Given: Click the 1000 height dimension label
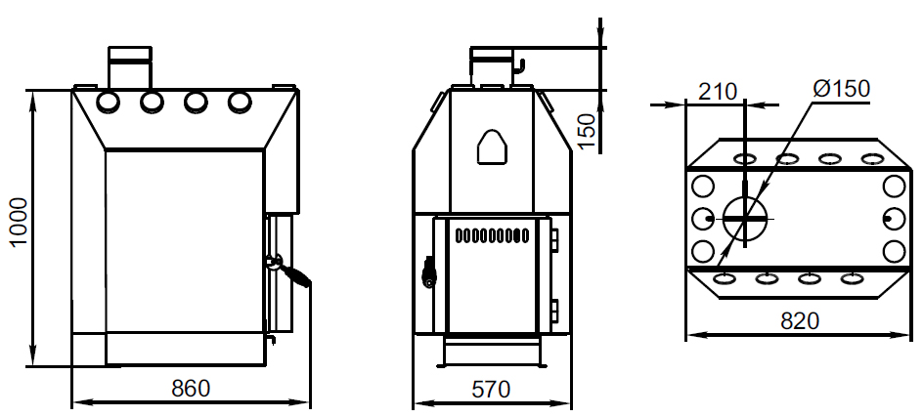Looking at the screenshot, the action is pyautogui.click(x=19, y=223).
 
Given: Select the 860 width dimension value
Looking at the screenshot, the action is pyautogui.click(x=191, y=388).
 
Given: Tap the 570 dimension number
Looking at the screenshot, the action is pyautogui.click(x=492, y=389).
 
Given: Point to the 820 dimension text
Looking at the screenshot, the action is pyautogui.click(x=800, y=320).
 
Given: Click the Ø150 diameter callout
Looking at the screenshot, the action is pyautogui.click(x=841, y=89).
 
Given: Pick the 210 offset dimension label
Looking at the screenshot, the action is pyautogui.click(x=718, y=92).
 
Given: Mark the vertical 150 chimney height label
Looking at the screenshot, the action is pyautogui.click(x=587, y=131).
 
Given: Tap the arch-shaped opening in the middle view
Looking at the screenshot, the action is pyautogui.click(x=492, y=146).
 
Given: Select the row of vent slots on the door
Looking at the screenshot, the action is pyautogui.click(x=492, y=236).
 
